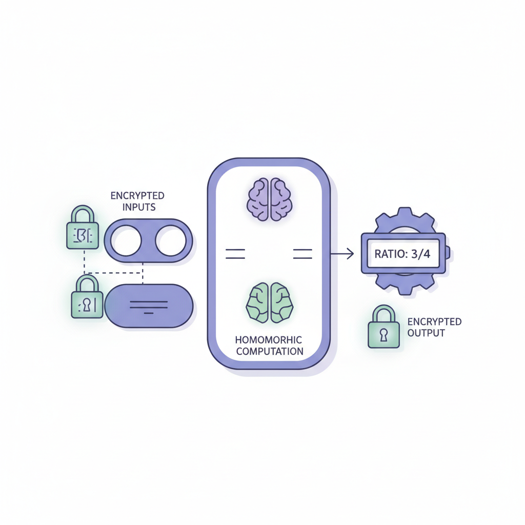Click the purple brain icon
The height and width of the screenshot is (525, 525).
coord(270,199)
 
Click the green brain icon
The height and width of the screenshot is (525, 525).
coord(270,302)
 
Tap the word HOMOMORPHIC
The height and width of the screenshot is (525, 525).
coord(269,340)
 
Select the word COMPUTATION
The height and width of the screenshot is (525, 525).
coord(269,351)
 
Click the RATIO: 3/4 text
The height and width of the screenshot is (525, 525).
coord(403,254)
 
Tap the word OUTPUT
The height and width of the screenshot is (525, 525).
coord(426,333)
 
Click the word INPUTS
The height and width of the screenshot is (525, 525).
coord(137,207)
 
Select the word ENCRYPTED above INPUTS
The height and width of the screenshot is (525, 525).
coord(137,196)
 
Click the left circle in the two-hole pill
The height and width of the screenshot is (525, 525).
coord(126,240)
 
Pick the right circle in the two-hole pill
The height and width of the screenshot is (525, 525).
coord(171,240)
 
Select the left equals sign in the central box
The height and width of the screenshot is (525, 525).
coord(235,253)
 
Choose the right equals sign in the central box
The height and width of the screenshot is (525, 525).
coord(302,253)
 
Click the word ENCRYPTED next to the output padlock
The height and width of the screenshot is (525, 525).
coord(434,322)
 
